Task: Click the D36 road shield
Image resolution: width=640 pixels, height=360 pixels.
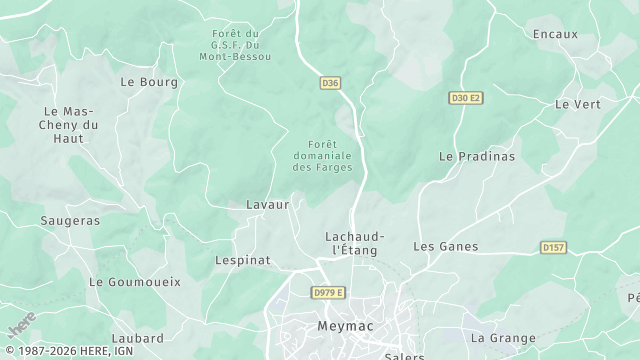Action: [x=331, y=84]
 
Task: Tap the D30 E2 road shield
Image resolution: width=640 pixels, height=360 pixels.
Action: [x=465, y=97]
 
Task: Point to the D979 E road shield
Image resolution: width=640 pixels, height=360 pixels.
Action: [x=328, y=292]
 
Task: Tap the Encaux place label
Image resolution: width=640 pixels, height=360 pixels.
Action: [x=556, y=34]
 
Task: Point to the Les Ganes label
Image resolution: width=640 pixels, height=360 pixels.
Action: [x=446, y=246]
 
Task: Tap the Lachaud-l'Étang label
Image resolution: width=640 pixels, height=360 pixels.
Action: [x=352, y=243]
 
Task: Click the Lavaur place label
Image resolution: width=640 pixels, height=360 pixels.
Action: [x=267, y=204]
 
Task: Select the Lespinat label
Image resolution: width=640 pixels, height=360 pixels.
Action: [x=243, y=260]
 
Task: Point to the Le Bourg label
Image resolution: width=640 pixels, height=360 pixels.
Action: [x=149, y=82]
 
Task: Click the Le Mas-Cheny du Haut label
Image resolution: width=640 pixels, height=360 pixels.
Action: [x=69, y=124]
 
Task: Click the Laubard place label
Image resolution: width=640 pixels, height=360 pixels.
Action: [x=138, y=339]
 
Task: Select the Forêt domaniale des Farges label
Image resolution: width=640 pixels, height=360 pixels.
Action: [x=322, y=155]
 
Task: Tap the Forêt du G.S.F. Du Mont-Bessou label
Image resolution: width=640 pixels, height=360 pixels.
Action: [x=236, y=44]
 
